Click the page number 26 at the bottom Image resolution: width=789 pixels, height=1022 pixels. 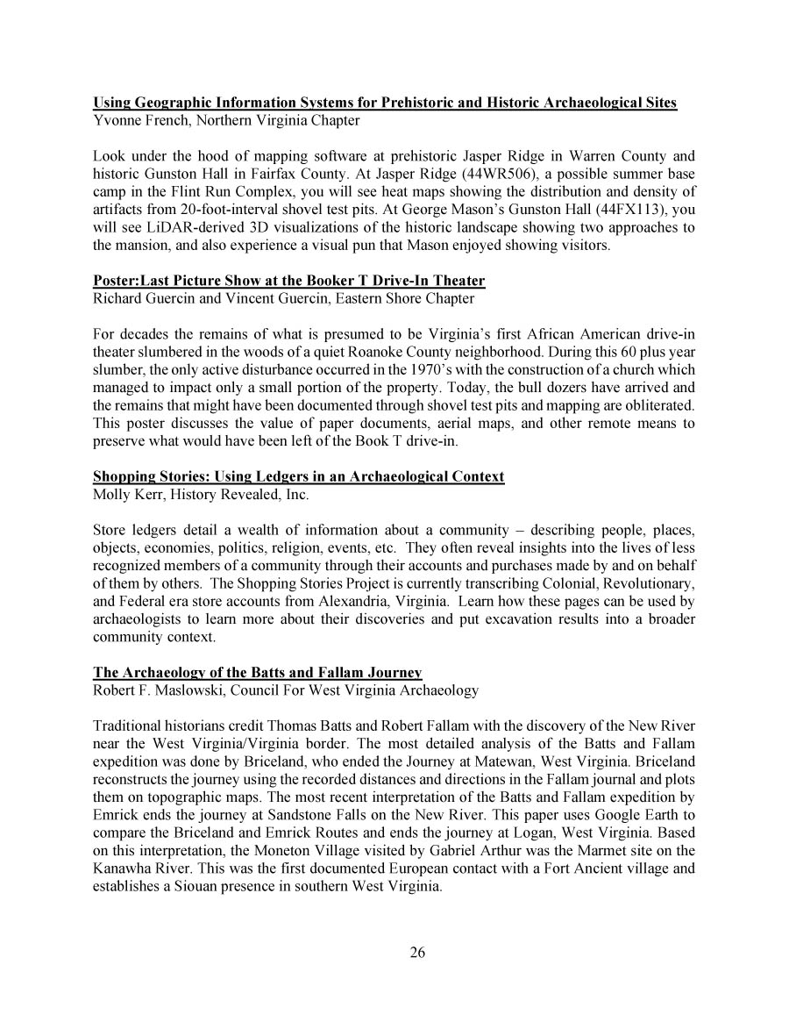[417, 954]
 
